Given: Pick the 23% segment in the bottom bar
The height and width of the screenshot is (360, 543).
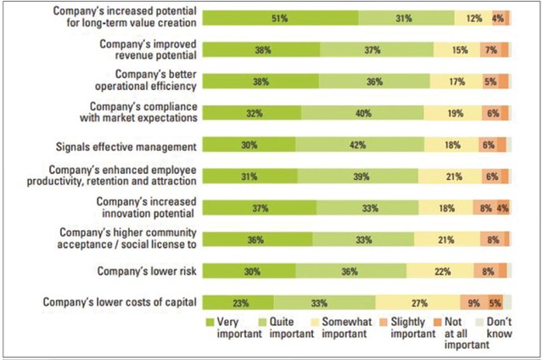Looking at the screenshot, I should coord(238,302).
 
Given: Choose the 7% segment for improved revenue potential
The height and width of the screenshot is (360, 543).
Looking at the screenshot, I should coord(490,50).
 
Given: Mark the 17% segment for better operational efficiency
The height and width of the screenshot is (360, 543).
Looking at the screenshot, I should coord(455,82).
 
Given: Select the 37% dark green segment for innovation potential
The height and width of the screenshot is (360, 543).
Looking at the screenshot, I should coord(260,208).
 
